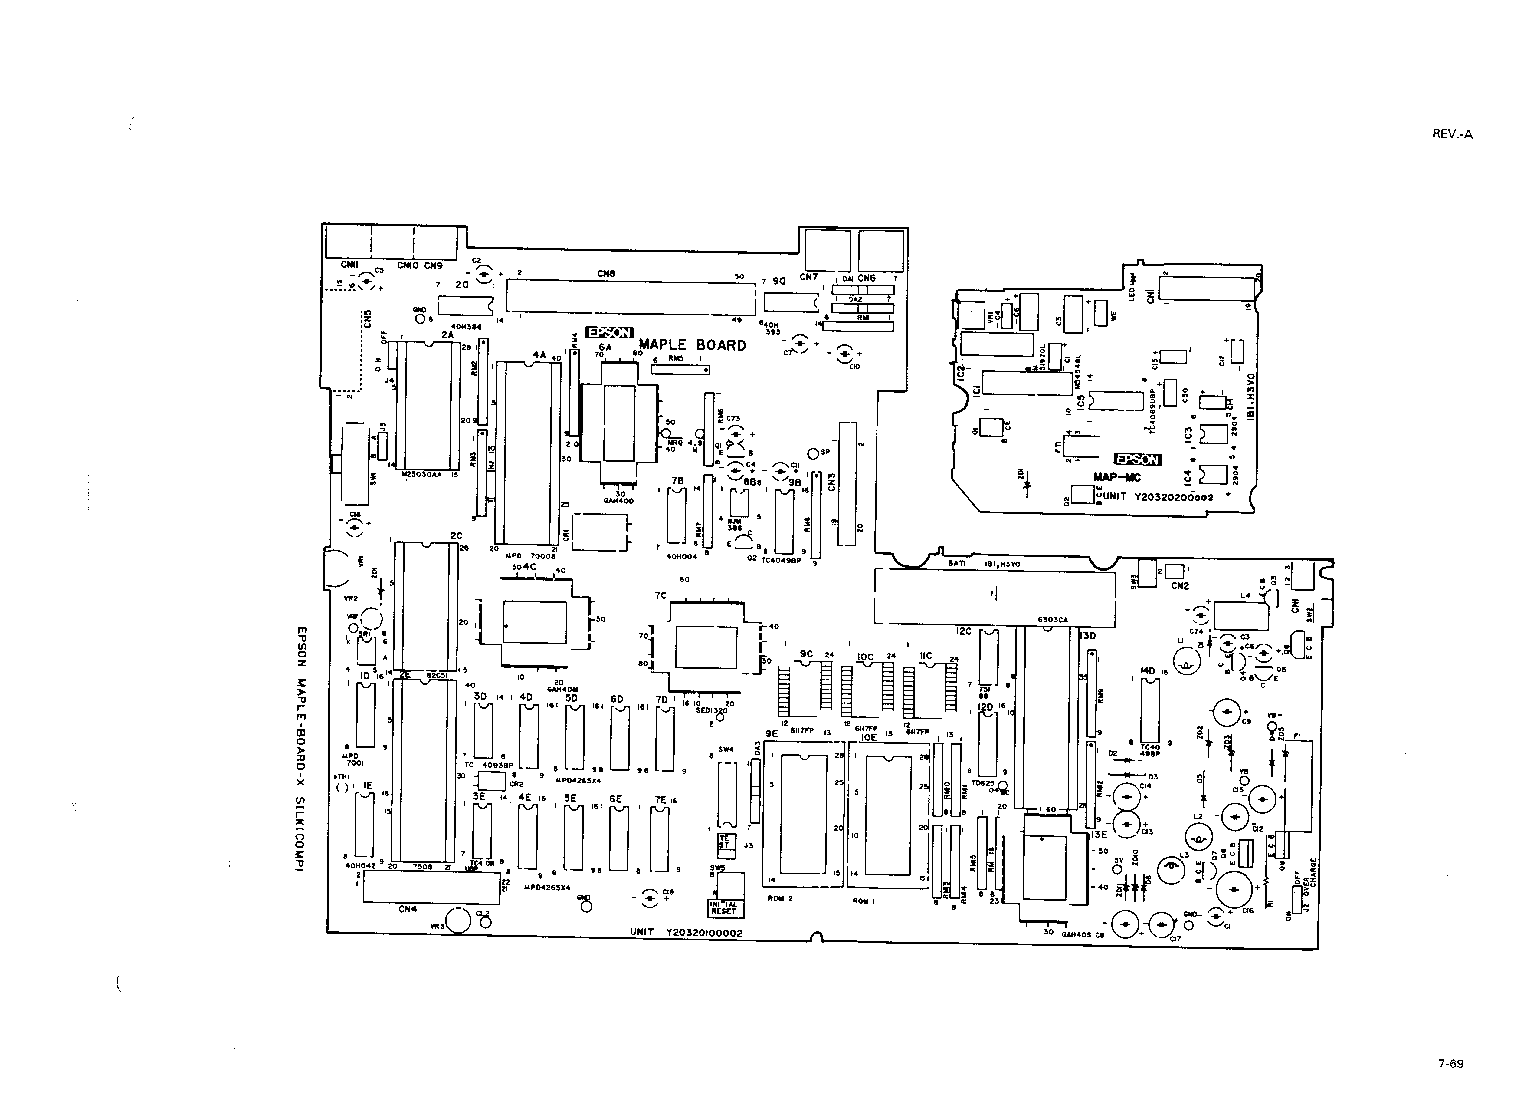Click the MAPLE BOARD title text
692,345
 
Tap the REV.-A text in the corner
1452,134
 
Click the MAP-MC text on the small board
1116,478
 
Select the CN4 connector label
408,909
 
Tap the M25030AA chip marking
421,475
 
